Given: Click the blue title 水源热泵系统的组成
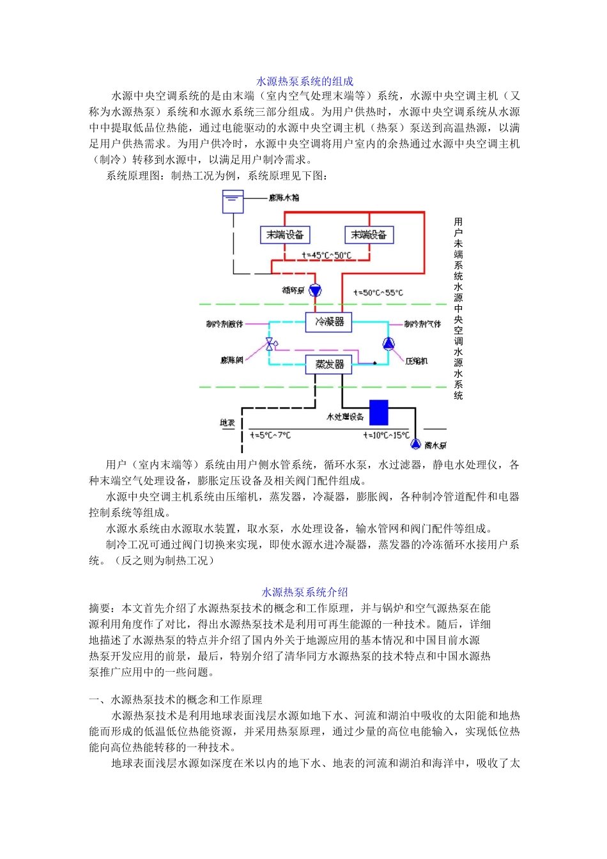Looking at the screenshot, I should click(x=305, y=81).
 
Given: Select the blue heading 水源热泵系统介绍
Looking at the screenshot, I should click(x=305, y=592).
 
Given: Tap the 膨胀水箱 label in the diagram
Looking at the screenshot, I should click(x=284, y=197).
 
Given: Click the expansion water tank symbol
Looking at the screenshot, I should click(x=233, y=202).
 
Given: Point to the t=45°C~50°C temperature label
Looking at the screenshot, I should click(x=327, y=256).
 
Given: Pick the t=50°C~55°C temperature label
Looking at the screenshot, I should click(x=378, y=293).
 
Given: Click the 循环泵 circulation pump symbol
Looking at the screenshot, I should click(x=315, y=291).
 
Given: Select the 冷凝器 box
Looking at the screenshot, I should click(x=329, y=321).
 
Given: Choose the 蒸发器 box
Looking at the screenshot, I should click(x=329, y=364).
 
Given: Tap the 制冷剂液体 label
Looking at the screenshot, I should click(x=224, y=324).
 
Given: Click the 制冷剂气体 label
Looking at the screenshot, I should click(x=422, y=324).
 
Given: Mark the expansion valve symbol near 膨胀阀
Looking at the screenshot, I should click(x=270, y=344).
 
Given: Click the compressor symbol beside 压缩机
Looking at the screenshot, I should click(x=388, y=344).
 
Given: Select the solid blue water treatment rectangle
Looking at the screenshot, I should click(x=379, y=412).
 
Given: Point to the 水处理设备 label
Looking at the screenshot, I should click(x=345, y=417).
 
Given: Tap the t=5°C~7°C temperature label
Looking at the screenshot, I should click(x=270, y=435).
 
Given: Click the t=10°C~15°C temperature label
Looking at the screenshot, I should click(x=386, y=435).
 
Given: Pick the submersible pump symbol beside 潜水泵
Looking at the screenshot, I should click(x=415, y=444).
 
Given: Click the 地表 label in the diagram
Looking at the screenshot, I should click(x=227, y=423).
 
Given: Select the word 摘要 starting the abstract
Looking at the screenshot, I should click(x=100, y=608).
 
